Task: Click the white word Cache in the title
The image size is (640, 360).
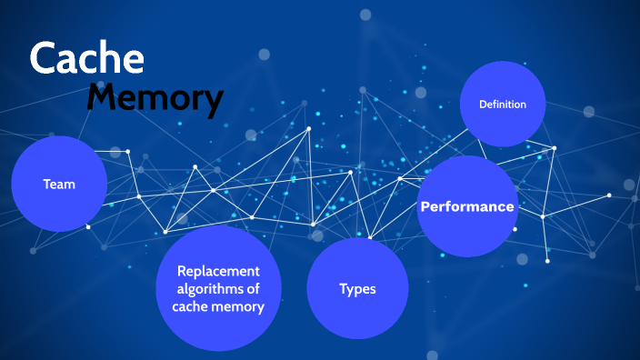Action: (x=86, y=58)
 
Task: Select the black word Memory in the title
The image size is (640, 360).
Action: (x=155, y=98)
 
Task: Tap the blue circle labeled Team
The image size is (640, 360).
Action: (x=59, y=184)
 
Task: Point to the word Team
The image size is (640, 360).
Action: (x=59, y=184)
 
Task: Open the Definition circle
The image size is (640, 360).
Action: (x=503, y=105)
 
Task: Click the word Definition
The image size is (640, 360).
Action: (x=503, y=105)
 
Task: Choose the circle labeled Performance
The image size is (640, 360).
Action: (x=467, y=206)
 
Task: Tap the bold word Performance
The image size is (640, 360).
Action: (x=467, y=206)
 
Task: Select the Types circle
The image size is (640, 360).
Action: (x=357, y=288)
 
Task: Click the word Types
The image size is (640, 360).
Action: (x=357, y=289)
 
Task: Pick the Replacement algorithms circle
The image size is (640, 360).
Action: (x=218, y=288)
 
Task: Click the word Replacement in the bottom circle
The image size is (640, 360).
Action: (x=218, y=271)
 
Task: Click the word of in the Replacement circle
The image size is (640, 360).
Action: (x=254, y=288)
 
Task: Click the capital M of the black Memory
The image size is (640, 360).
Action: (x=105, y=98)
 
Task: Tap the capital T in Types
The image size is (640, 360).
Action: (x=344, y=288)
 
